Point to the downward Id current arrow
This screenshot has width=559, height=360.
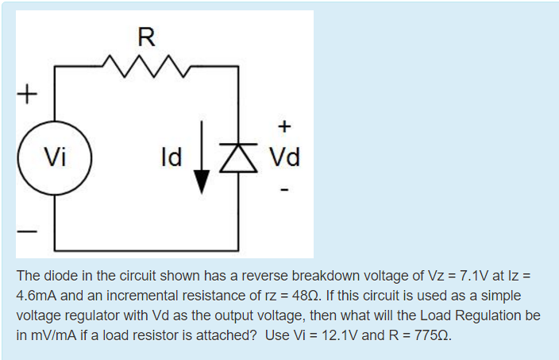click(x=202, y=158)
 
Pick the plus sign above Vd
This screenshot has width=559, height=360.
click(x=284, y=125)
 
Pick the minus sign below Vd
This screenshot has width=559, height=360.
click(x=284, y=190)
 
